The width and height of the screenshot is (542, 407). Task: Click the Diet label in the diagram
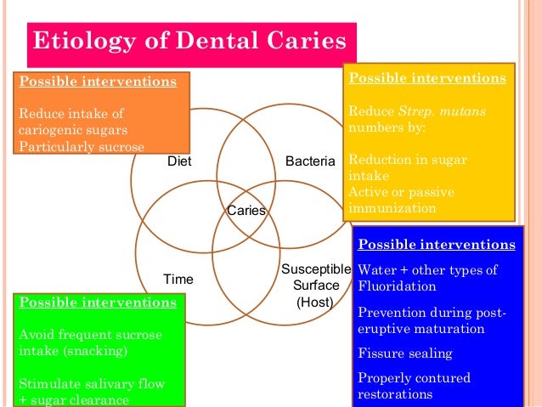[179, 161]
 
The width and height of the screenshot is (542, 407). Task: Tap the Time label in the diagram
[178, 279]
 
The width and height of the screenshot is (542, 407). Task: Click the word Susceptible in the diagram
[310, 269]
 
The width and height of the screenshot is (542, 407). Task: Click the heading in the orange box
[98, 82]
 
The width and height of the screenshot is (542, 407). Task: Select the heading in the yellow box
[427, 77]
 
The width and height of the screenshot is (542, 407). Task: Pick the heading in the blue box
[437, 244]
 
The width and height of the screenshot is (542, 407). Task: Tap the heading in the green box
[98, 302]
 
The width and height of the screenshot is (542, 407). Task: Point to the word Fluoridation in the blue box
[398, 287]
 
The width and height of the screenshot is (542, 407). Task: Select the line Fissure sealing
[405, 353]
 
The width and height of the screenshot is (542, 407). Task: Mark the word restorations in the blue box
[395, 393]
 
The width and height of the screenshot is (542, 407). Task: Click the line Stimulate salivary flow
[91, 383]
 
